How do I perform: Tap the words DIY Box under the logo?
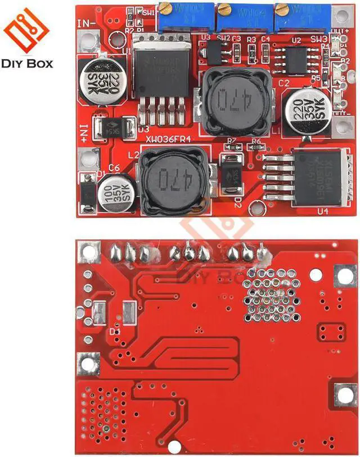(x=27, y=63)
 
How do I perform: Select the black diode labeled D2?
(x=231, y=177)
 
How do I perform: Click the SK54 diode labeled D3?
(x=112, y=128)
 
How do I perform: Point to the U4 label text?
(x=322, y=211)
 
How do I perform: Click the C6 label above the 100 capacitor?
(x=114, y=167)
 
